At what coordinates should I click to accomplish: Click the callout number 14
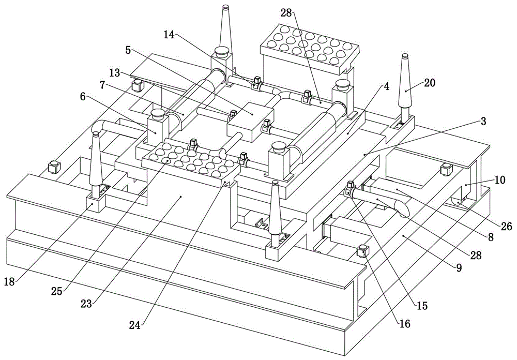(169, 35)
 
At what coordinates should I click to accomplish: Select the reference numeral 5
(128, 50)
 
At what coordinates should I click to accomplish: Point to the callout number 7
(103, 83)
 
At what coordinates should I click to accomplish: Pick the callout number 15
(422, 306)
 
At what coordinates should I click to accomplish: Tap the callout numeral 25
(56, 291)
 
